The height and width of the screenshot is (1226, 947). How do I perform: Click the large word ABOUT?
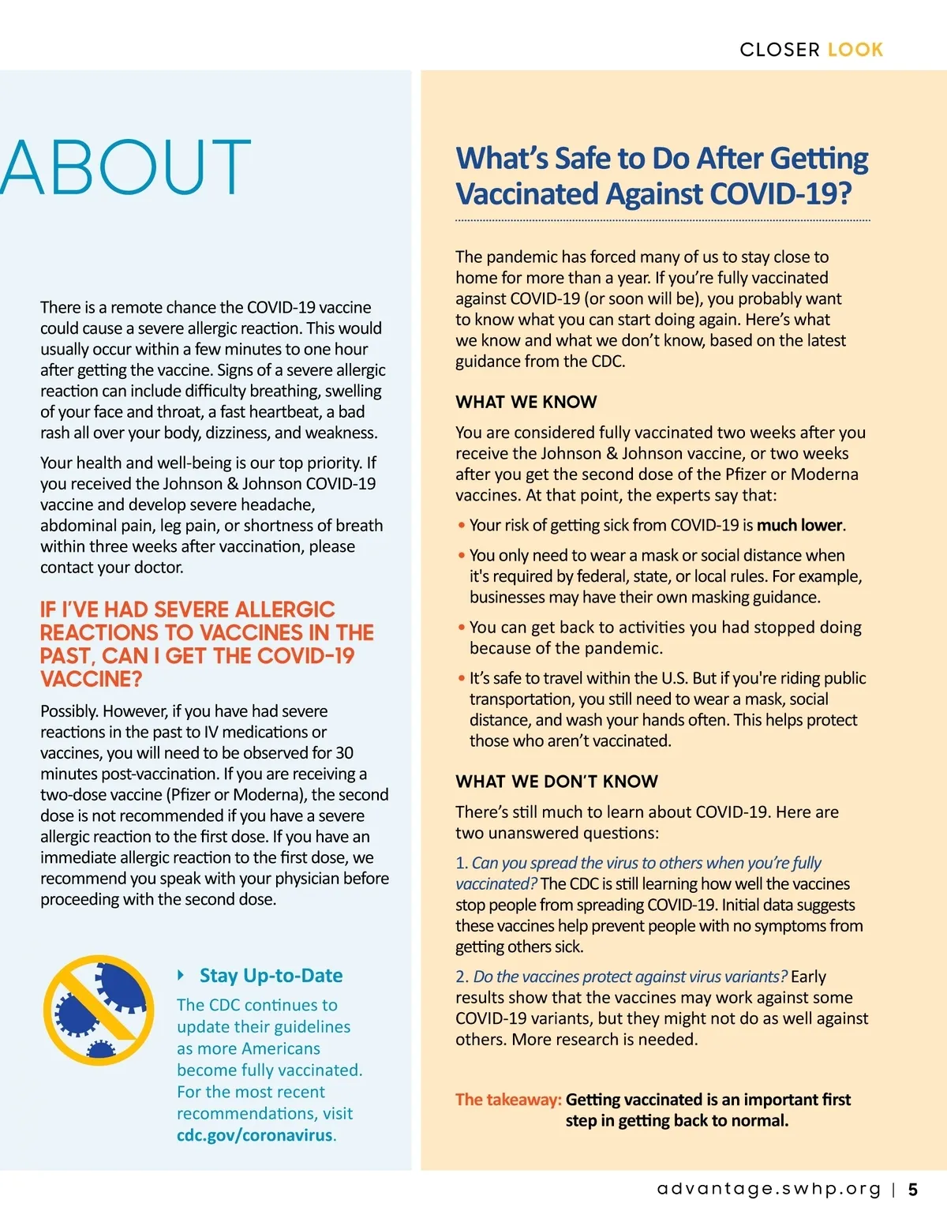pyautogui.click(x=126, y=167)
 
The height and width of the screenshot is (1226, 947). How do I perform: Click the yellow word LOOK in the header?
pyautogui.click(x=855, y=50)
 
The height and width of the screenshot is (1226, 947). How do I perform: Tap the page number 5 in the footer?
pyautogui.click(x=913, y=1190)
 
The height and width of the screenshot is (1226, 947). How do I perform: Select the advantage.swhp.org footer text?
pyautogui.click(x=769, y=1190)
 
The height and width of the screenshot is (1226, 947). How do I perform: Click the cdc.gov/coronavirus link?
pyautogui.click(x=254, y=1135)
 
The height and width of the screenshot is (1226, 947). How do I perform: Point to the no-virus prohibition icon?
pyautogui.click(x=99, y=1010)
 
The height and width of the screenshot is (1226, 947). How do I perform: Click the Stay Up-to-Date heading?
pyautogui.click(x=271, y=976)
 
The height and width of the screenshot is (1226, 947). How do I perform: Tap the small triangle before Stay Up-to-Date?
pyautogui.click(x=182, y=975)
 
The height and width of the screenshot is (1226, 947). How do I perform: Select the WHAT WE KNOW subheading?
pyautogui.click(x=526, y=402)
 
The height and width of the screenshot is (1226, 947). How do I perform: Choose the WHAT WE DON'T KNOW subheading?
pyautogui.click(x=556, y=782)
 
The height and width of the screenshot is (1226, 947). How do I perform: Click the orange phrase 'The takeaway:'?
pyautogui.click(x=508, y=1100)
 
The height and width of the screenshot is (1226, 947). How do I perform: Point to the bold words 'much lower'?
pyautogui.click(x=800, y=526)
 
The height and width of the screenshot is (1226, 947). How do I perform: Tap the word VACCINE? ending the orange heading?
pyautogui.click(x=92, y=679)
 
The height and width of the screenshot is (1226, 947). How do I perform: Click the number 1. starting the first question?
pyautogui.click(x=462, y=864)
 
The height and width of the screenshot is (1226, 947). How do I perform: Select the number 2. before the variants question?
pyautogui.click(x=462, y=977)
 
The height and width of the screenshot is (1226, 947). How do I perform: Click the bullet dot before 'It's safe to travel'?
pyautogui.click(x=461, y=678)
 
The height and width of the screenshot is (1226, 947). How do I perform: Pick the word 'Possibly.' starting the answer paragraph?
pyautogui.click(x=69, y=711)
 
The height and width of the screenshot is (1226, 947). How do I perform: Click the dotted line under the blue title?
pyautogui.click(x=662, y=220)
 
